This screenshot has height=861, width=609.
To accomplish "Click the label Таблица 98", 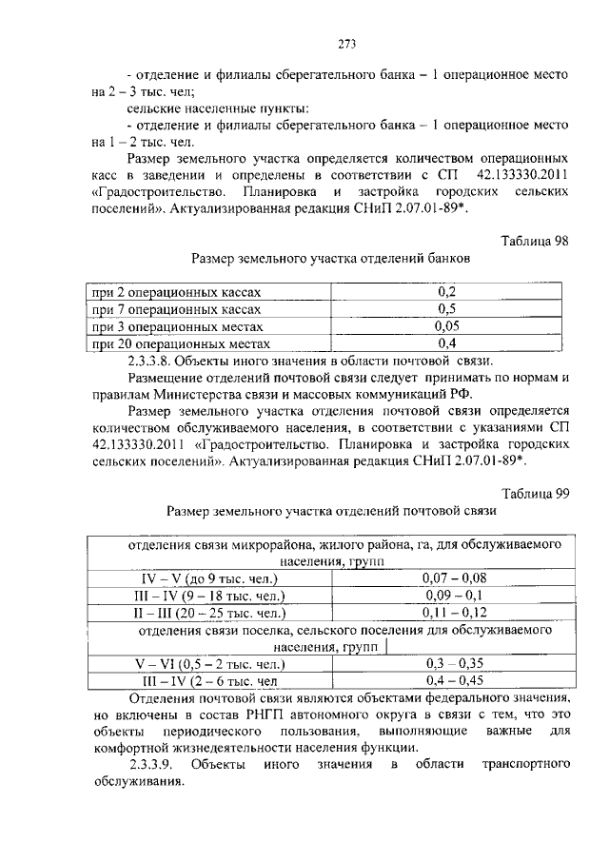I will click(x=534, y=241).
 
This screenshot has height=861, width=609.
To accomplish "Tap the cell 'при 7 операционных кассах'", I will click(x=175, y=309).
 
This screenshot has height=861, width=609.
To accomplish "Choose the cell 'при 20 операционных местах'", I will click(x=181, y=343).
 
